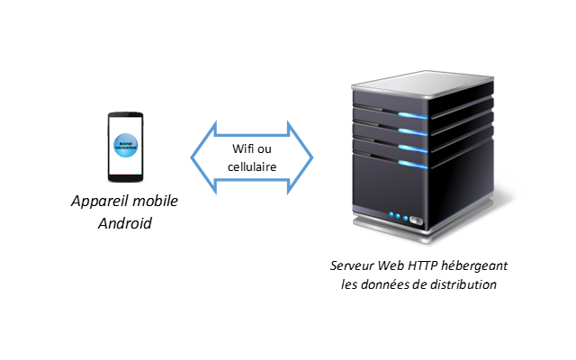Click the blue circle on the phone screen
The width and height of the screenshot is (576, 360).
tap(125, 146)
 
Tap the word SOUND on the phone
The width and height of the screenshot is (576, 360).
tap(125, 143)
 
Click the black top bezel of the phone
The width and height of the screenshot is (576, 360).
tap(125, 114)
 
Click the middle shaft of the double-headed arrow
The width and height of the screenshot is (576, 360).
tap(252, 157)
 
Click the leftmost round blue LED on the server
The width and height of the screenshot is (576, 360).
tap(391, 215)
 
